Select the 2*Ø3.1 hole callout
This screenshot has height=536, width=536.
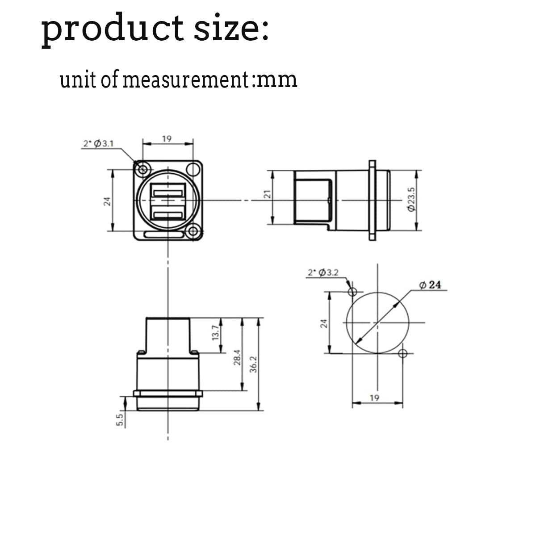[x=98, y=143]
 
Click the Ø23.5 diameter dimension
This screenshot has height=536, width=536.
[x=411, y=199]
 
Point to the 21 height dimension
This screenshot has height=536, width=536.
[x=267, y=194]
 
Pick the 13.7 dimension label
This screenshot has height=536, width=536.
[x=216, y=333]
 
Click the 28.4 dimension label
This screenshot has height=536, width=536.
[x=237, y=357]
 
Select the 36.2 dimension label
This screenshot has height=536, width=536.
[x=253, y=364]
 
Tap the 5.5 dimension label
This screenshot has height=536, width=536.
[x=119, y=420]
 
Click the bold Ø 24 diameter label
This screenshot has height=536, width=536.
[x=430, y=285]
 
